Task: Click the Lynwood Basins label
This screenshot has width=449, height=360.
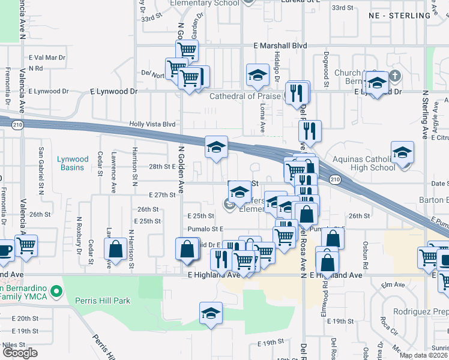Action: point(73,163)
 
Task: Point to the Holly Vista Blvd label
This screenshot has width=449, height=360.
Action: point(152,124)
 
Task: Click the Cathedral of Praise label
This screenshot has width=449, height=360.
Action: point(245,96)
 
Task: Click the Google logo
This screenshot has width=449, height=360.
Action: point(20,353)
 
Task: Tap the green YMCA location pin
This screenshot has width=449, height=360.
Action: point(56,292)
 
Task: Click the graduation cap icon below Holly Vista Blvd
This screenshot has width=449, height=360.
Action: point(217,146)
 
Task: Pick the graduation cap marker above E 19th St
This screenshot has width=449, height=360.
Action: point(210,313)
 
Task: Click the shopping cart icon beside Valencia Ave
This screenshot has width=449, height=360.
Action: point(26,244)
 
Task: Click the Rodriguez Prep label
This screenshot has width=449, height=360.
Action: point(421,311)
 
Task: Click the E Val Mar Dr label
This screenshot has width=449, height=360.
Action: point(46,58)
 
